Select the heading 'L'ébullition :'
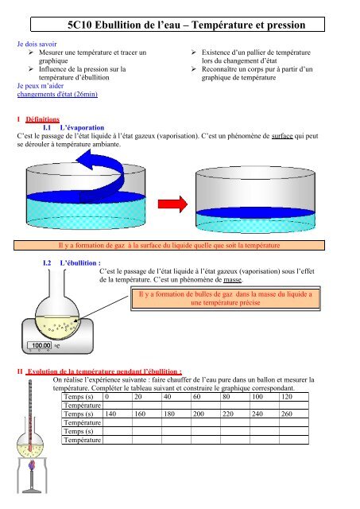tap(80, 261)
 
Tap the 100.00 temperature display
tap(41, 346)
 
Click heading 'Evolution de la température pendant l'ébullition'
tap(103, 371)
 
